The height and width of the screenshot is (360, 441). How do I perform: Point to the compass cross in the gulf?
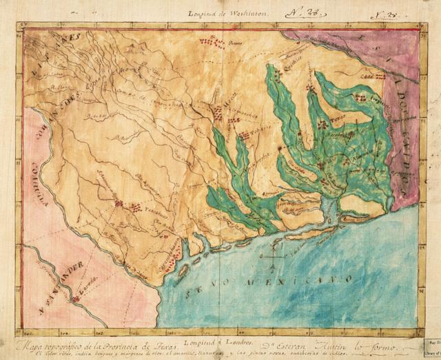[x=273, y=262]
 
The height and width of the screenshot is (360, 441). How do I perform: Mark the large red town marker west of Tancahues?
[x=118, y=204]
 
